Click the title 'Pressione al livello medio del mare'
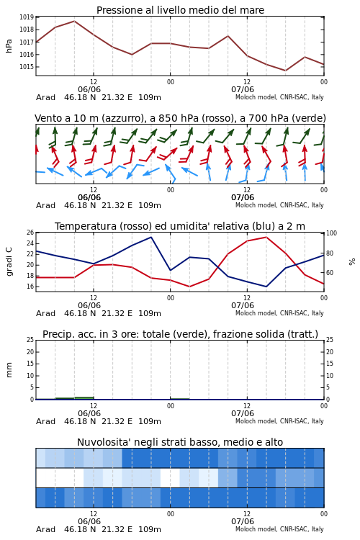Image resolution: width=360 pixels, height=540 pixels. [180, 10]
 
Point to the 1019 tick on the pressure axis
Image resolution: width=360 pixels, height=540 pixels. [26, 17]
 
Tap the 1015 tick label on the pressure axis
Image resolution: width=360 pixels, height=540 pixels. [26, 67]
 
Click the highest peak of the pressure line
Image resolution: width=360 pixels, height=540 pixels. [74, 21]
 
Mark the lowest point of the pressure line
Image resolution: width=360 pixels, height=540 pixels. [285, 71]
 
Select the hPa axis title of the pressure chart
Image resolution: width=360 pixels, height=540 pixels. [9, 46]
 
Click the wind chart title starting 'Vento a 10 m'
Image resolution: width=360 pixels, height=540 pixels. [180, 118]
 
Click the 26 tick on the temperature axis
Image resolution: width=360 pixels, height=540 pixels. [30, 233]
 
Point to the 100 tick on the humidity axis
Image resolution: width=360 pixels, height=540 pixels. [331, 233]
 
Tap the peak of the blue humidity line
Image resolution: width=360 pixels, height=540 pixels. [151, 237]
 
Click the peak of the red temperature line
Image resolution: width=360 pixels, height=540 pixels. [266, 237]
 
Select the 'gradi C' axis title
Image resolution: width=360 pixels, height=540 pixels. [9, 261]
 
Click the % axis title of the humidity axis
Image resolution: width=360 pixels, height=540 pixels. [352, 262]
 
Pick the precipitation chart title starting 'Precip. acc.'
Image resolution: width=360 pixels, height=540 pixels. [180, 334]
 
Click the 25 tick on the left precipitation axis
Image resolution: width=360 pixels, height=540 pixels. [30, 340]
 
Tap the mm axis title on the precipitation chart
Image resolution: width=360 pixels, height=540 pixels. [9, 370]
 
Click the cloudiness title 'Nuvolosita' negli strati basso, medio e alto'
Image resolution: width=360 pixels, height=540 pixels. [180, 442]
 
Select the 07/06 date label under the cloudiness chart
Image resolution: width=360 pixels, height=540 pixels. [243, 521]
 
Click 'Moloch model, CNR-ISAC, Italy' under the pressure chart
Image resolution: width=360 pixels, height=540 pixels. [279, 97]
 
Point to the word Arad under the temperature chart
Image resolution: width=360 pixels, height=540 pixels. [45, 313]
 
